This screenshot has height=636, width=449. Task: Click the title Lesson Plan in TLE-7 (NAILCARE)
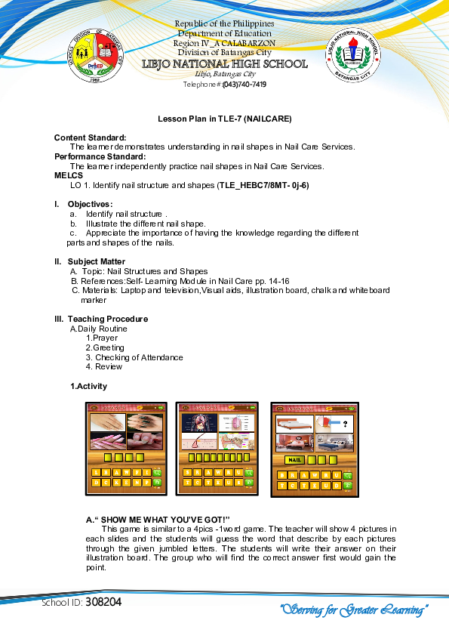point(224,119)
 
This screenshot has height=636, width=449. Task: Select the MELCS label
point(66,175)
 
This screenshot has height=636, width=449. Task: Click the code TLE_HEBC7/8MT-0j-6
point(263,185)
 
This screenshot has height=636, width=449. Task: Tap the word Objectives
point(90,204)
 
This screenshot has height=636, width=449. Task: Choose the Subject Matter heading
point(97,261)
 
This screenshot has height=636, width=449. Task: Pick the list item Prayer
point(105,338)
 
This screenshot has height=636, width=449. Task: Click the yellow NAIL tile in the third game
point(294,459)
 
